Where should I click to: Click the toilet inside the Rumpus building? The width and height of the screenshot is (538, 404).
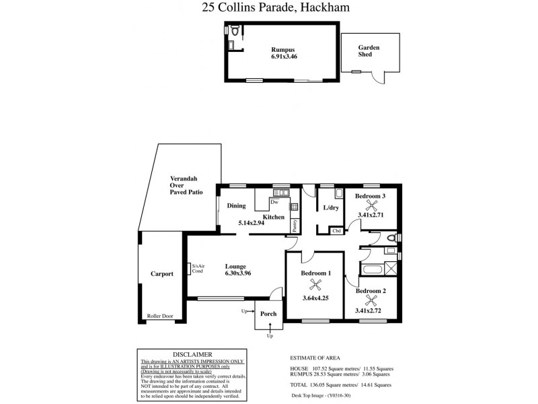tap(234, 32)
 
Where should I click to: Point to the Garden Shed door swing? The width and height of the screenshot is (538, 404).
tap(378, 77)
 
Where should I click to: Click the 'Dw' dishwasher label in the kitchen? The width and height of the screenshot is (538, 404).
tap(274, 202)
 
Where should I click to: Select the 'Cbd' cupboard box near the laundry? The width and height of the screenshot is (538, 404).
tap(337, 231)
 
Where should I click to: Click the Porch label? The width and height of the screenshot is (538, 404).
tap(268, 314)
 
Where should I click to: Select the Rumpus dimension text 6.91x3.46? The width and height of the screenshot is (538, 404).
tap(282, 57)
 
